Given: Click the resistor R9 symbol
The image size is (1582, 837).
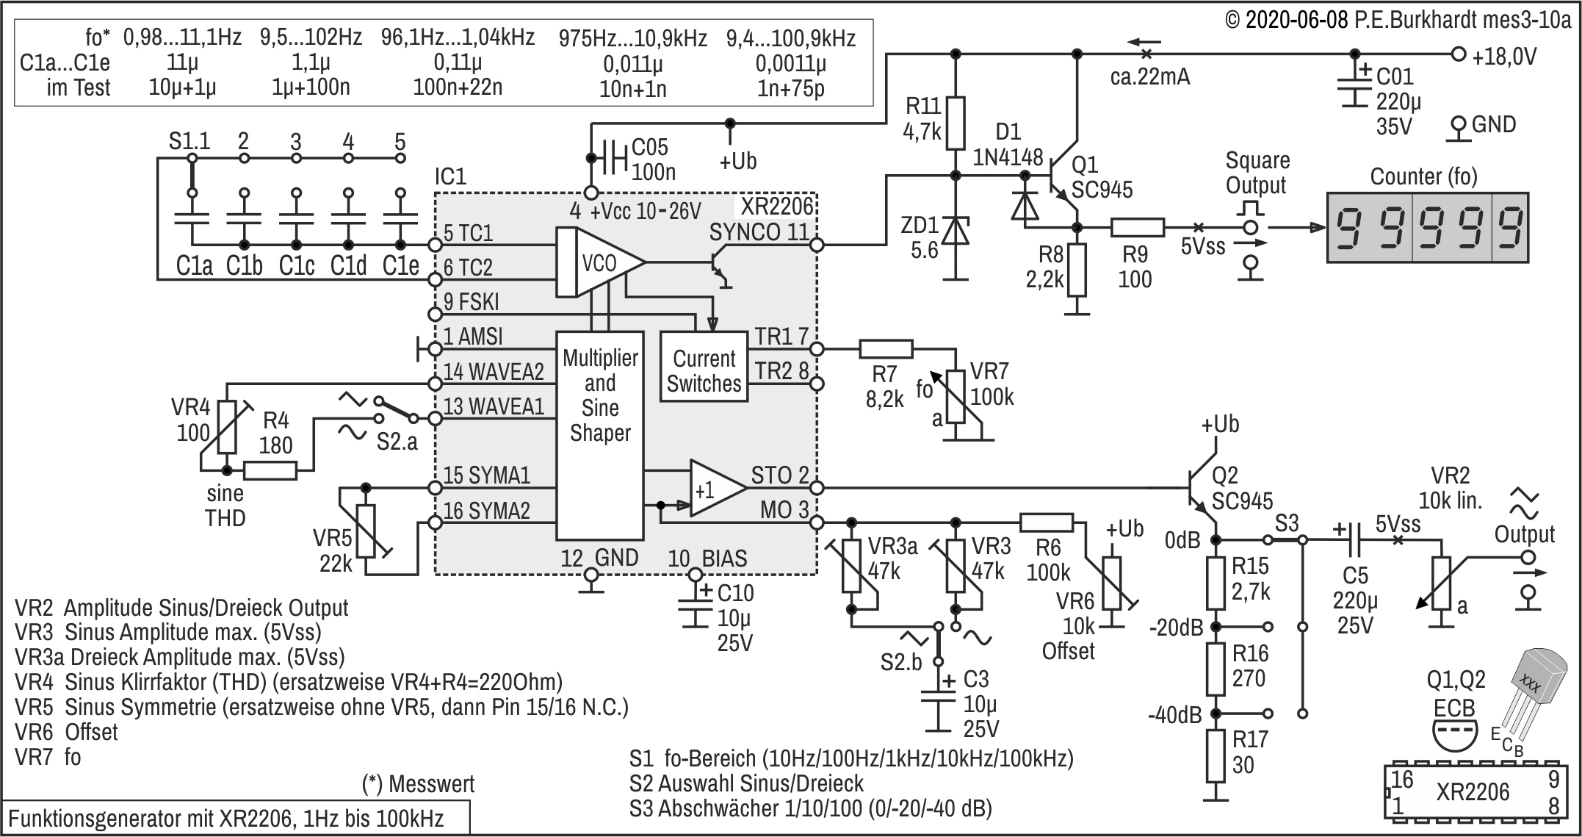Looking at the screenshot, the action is (x=1138, y=227).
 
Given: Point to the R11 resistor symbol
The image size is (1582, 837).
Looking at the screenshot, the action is (x=956, y=123).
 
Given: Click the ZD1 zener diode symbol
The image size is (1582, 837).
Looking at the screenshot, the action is (x=956, y=230).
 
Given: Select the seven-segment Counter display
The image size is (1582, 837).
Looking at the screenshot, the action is (x=1427, y=227).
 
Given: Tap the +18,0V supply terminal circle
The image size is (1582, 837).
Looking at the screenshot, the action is (x=1459, y=54).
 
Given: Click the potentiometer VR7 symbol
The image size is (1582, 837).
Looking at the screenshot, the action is (x=956, y=397).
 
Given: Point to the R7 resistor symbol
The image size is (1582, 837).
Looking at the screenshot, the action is (x=886, y=349).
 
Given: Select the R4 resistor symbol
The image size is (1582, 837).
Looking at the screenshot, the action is (x=270, y=470).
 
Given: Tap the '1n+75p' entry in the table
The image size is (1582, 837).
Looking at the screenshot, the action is (x=790, y=89).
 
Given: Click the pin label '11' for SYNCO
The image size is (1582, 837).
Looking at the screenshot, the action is (x=798, y=231).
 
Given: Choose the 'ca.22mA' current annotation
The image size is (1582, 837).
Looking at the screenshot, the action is (x=1150, y=76).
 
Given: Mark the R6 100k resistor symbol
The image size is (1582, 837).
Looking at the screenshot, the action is (x=1047, y=522).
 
